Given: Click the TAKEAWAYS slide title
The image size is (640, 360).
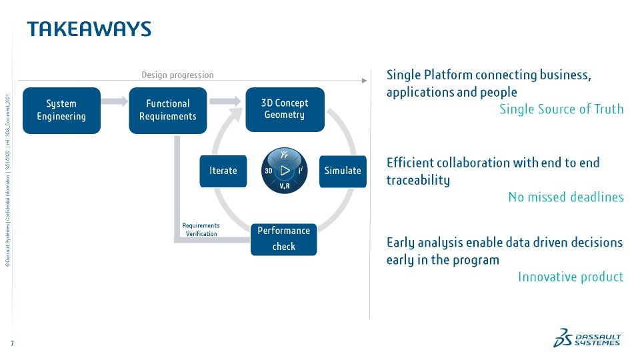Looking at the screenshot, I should (x=89, y=29).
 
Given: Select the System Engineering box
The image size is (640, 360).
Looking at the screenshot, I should (x=61, y=110).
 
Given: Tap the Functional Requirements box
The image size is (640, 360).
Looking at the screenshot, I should (x=168, y=110).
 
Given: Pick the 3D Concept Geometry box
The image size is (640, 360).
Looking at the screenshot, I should (x=285, y=109).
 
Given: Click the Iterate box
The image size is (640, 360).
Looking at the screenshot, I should (x=223, y=171).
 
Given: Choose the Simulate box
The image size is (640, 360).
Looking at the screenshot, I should (x=343, y=171).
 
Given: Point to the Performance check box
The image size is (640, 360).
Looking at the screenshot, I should (x=283, y=239).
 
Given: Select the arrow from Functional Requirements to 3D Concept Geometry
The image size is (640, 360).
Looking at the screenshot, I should (x=225, y=101).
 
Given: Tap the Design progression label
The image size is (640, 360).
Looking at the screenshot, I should (x=177, y=75).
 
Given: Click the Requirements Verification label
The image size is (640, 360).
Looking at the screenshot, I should (x=201, y=229).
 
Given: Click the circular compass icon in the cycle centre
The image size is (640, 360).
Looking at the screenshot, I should (x=285, y=171).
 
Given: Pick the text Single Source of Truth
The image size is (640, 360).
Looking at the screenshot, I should (x=561, y=109).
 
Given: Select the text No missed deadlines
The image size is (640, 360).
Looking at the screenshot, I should (x=565, y=197).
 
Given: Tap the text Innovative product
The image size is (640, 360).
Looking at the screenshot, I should (x=571, y=277).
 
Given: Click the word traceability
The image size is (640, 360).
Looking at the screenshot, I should (x=418, y=180).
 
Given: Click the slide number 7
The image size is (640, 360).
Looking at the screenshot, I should (x=12, y=343).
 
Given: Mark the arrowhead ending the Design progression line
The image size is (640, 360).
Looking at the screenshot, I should (x=364, y=81).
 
